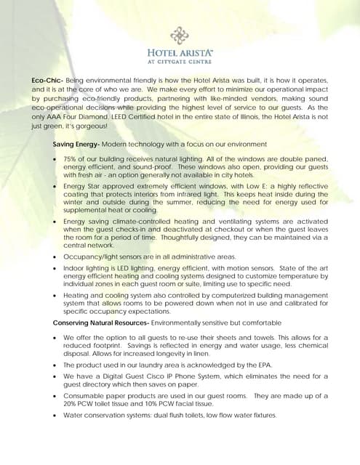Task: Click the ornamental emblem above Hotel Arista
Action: tap(180, 35)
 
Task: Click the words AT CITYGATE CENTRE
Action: tap(180, 62)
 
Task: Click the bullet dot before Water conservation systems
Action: tap(55, 416)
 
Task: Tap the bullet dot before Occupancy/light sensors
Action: tap(55, 257)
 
